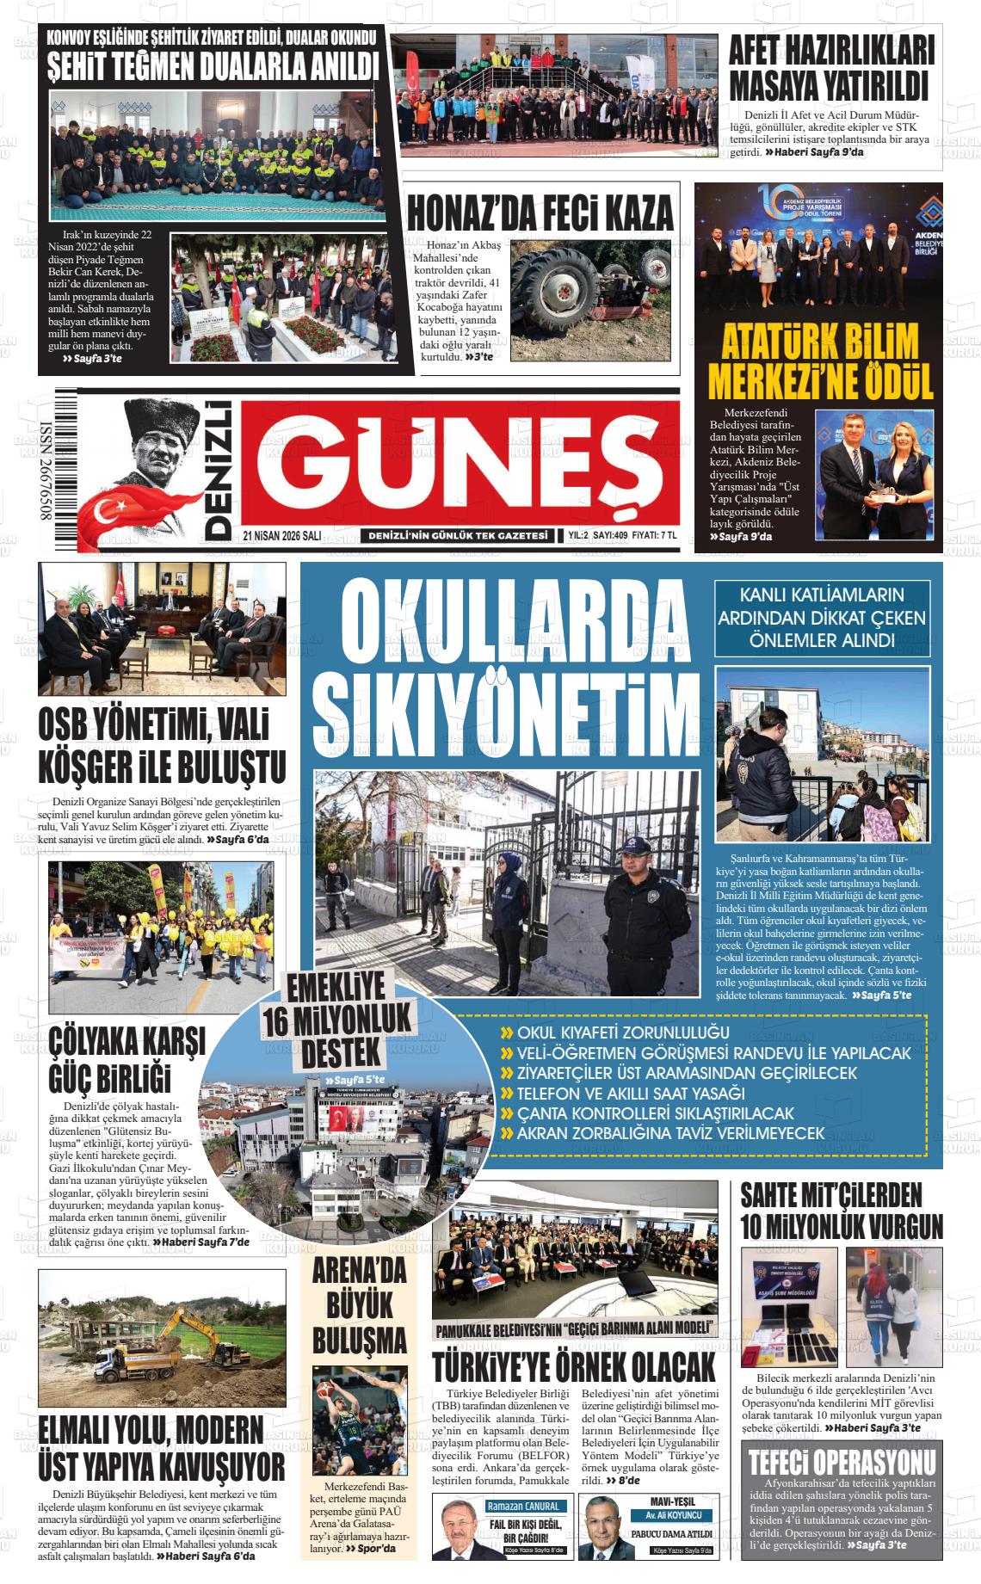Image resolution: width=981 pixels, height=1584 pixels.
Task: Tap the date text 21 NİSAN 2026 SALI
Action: (281, 535)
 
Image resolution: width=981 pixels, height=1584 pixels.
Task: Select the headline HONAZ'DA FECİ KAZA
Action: (540, 211)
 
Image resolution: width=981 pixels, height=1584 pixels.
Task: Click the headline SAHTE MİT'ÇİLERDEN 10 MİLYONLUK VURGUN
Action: (841, 1209)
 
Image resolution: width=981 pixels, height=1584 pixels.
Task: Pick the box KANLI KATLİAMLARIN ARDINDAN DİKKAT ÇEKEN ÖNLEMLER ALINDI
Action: (822, 617)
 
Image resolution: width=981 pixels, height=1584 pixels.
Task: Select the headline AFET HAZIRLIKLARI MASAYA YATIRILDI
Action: (830, 69)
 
